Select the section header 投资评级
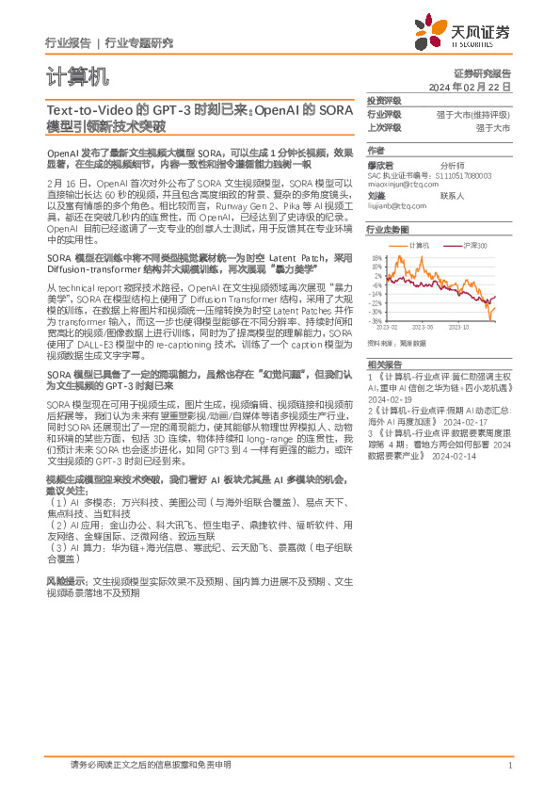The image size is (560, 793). (384, 101)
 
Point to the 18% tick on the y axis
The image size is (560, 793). (376, 257)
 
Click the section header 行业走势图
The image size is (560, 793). (388, 230)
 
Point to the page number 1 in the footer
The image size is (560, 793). (509, 766)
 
